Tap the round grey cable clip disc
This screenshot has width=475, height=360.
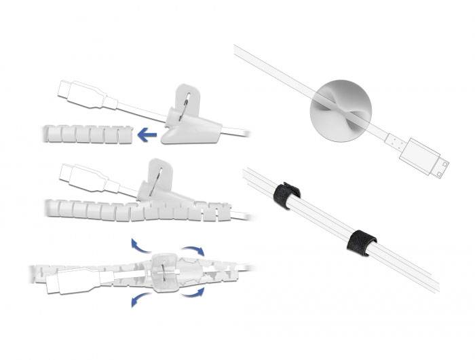tap(339, 111)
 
